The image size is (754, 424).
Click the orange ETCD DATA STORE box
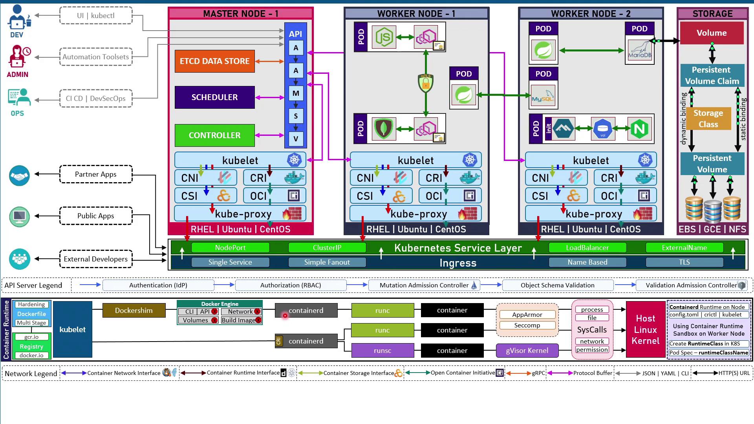click(214, 61)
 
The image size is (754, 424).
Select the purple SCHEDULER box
click(214, 97)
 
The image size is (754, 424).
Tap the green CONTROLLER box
click(214, 135)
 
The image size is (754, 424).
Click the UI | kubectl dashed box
click(96, 16)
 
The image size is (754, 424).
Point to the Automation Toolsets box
click(96, 57)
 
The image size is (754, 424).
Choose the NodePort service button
click(230, 248)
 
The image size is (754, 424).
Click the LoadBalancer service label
click(587, 248)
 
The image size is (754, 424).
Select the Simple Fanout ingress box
click(327, 262)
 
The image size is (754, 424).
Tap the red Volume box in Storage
click(712, 33)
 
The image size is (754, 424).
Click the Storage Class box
click(708, 119)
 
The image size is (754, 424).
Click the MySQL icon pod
click(543, 95)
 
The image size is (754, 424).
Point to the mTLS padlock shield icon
click(425, 83)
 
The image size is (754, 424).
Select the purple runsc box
click(382, 351)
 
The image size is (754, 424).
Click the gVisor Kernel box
click(527, 351)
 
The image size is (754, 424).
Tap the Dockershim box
click(134, 311)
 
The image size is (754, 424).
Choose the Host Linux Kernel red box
click(646, 330)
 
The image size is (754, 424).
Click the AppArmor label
click(527, 315)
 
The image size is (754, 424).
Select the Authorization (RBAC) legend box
click(291, 285)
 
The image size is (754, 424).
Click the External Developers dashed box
click(96, 259)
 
